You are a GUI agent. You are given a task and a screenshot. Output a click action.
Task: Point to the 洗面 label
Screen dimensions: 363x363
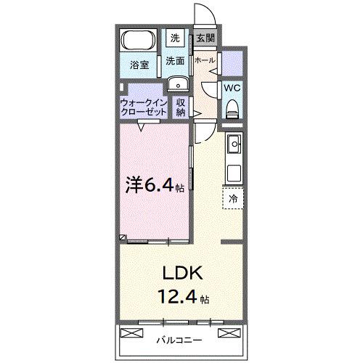coord(174,61)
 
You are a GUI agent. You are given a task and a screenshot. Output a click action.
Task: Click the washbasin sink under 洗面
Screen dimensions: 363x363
coord(176,84)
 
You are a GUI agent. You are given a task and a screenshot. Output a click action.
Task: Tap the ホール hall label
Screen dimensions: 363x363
coord(205,61)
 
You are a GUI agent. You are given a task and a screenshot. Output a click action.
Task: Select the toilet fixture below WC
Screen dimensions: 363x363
coord(232,109)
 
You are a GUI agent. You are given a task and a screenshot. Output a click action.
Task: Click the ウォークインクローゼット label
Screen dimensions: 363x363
coord(144,108)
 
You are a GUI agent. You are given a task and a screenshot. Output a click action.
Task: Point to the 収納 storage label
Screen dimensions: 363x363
coord(181,107)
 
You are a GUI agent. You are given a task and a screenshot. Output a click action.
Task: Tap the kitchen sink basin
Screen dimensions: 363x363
coord(234,146)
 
